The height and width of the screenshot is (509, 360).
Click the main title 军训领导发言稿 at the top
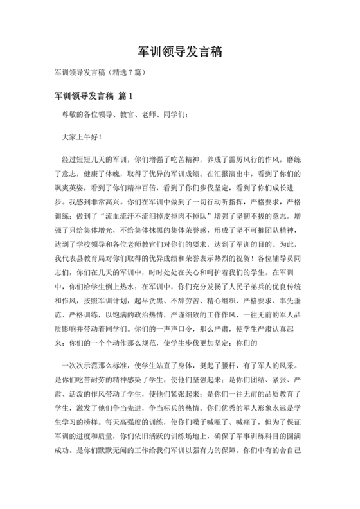(x=180, y=52)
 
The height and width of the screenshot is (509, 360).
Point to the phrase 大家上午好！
(x=81, y=137)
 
